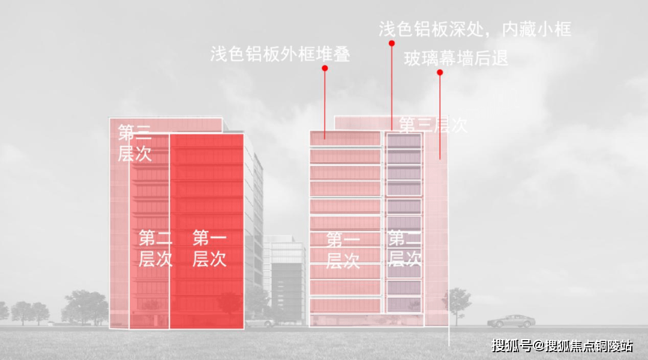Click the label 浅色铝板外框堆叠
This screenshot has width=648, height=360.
[x=280, y=54]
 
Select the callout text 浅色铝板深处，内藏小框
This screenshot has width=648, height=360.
[x=475, y=29]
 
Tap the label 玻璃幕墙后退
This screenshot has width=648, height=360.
[x=456, y=59]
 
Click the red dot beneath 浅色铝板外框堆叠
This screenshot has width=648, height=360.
[x=325, y=68]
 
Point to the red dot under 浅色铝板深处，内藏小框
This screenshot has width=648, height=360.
[x=391, y=43]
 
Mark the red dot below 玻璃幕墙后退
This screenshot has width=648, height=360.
[x=440, y=73]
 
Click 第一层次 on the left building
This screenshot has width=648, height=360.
[x=209, y=249]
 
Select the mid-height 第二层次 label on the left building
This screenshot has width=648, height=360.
[x=155, y=248]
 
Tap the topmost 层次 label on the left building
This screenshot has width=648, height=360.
[x=134, y=143]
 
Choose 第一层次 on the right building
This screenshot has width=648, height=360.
[x=343, y=250]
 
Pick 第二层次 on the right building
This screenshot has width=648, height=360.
[x=404, y=248]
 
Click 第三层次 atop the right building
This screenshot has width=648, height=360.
[x=433, y=125]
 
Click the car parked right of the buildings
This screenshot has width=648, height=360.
[x=511, y=320]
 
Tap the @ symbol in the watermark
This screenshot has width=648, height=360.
[x=538, y=346]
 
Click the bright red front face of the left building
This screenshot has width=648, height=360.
[x=206, y=180]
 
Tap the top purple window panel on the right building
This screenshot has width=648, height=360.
[x=404, y=142]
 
